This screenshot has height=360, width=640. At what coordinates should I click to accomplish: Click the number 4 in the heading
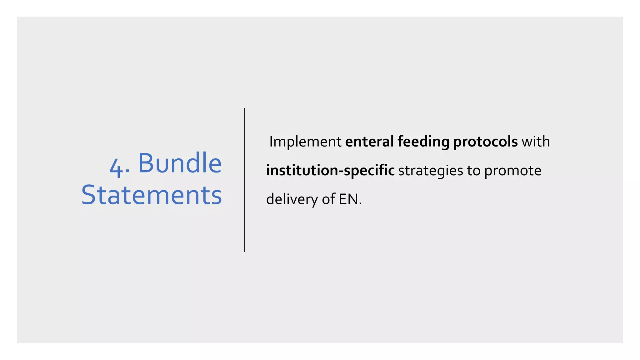point(116,167)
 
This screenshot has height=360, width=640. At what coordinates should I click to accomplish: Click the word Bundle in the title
point(180,163)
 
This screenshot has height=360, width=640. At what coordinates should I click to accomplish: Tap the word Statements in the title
point(152,195)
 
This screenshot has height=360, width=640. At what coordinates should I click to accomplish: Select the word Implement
point(305,142)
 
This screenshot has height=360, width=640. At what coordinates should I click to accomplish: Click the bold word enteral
point(369,142)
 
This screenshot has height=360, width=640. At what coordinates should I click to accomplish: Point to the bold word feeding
point(423,142)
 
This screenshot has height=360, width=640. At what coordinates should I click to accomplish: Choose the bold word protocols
point(485,142)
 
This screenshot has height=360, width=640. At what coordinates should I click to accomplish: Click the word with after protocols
point(536,142)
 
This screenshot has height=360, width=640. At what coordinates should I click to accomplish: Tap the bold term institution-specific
point(330,171)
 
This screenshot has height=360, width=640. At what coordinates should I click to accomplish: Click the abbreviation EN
point(348,199)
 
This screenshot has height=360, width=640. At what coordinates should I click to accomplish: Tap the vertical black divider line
point(244,180)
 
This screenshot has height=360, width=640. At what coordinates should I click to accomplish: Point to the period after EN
point(360,204)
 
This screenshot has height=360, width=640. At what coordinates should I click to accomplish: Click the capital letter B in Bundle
point(147,163)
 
